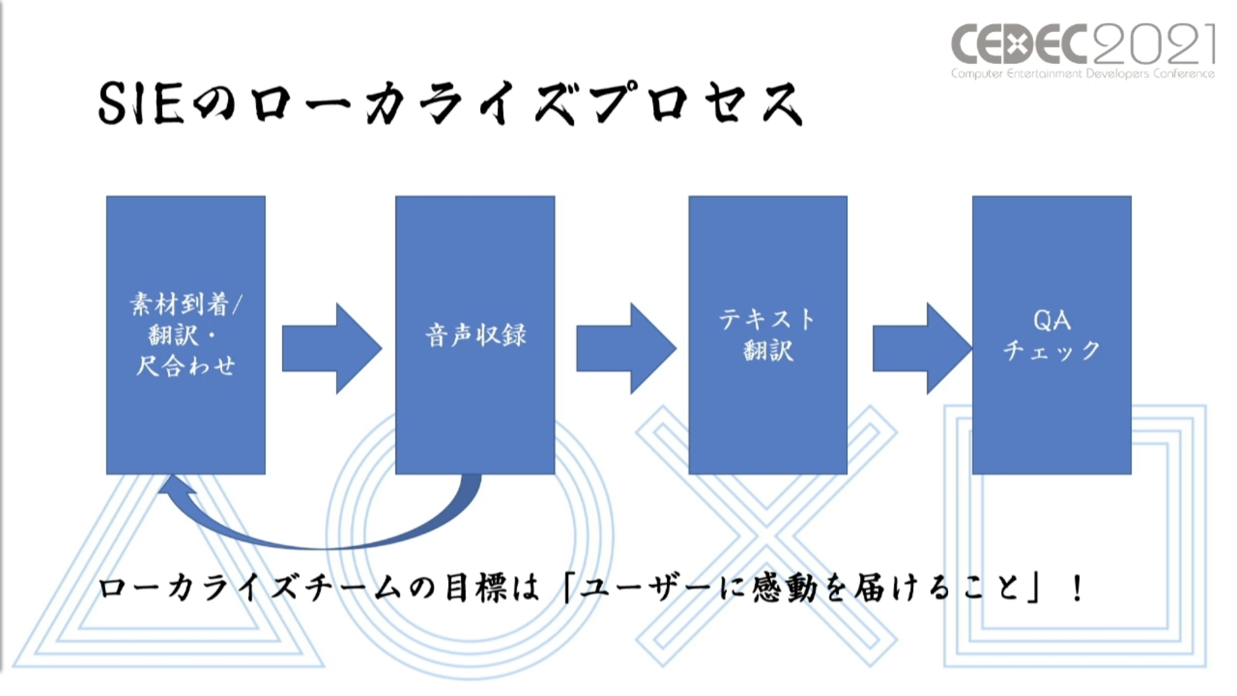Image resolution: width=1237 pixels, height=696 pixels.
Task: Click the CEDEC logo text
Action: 1018,44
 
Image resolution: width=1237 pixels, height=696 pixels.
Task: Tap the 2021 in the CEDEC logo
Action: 1154,44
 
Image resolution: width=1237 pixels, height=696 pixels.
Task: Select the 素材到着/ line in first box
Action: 185,305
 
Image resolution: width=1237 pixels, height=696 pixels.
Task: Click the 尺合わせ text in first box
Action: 185,366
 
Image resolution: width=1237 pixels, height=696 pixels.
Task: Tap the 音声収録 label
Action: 475,335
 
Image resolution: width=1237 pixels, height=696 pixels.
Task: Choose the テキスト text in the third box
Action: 767,320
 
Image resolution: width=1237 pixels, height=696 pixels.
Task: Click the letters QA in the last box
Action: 1052,320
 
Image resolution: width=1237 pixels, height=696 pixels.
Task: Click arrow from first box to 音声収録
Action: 332,348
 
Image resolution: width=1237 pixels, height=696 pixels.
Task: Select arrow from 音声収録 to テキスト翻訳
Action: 626,348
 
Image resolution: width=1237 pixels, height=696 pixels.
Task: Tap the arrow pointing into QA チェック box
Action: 921,348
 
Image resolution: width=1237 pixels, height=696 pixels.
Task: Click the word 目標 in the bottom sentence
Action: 475,589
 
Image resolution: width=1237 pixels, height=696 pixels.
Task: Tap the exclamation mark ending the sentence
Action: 1077,589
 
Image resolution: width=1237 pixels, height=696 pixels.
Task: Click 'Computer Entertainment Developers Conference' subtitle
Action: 1083,74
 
